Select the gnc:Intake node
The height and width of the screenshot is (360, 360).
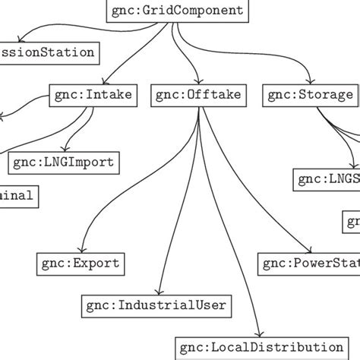93,95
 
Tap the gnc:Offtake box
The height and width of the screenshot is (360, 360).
198,95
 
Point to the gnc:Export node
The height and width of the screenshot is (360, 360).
80,264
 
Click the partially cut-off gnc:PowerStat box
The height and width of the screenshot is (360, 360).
309,264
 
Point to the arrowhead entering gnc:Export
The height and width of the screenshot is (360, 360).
80,251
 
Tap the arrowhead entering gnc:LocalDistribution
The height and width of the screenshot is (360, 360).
261,335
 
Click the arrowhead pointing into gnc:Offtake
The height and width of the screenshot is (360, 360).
198,83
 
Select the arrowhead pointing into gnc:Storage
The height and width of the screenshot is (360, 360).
311,83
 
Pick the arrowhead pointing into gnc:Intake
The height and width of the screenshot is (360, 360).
93,83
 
